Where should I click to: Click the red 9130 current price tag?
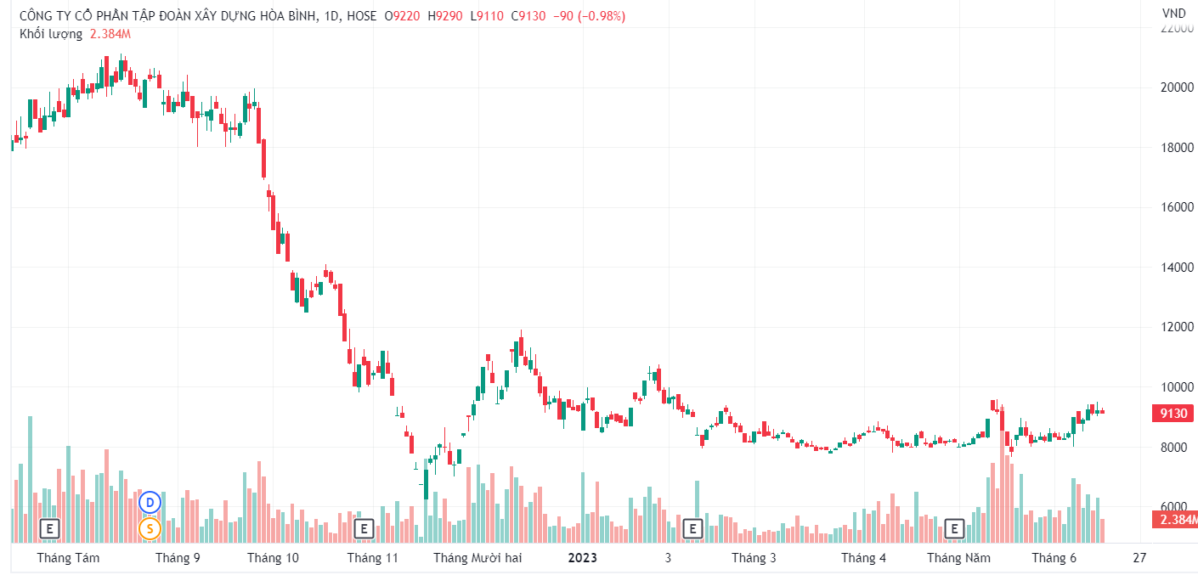[1173, 414]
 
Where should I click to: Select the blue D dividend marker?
[150, 502]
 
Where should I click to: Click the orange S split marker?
[150, 529]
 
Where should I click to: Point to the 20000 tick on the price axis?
[1177, 87]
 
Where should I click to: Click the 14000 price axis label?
[1177, 268]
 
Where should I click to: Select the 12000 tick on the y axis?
[1177, 327]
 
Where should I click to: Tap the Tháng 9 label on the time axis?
[178, 558]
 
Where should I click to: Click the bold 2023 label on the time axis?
[583, 558]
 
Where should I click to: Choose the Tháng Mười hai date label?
[478, 558]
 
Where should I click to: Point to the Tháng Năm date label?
[958, 558]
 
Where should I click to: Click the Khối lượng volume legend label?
[51, 34]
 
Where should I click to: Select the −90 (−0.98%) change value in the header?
[589, 15]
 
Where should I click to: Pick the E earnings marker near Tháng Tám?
[50, 529]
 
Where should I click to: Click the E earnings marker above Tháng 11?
[363, 529]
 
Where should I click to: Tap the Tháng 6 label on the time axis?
[1054, 558]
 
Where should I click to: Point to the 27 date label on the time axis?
[1140, 558]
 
